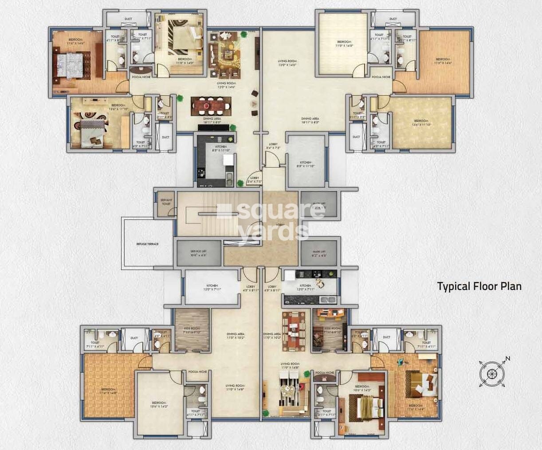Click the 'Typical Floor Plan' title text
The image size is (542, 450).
pos(479,286)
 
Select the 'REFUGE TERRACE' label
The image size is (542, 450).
pos(147,244)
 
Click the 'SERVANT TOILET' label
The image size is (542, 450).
pos(166,202)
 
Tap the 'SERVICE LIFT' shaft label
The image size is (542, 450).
pos(198,253)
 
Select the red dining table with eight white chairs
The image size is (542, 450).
pos(211,106)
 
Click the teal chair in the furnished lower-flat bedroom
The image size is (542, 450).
pos(401,362)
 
